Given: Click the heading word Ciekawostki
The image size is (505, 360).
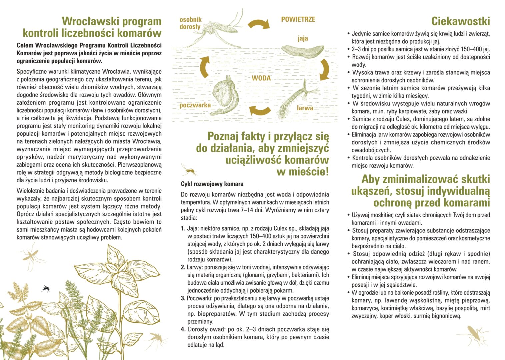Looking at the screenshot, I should (460, 21).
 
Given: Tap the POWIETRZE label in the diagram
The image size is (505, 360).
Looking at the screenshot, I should (298, 19).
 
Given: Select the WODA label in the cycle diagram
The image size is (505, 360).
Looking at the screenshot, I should (261, 78).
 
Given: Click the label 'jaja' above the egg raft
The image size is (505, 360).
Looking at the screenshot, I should (303, 38).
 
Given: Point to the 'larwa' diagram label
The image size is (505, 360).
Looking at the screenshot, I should (305, 108).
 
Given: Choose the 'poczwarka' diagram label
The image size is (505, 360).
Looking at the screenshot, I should (195, 105).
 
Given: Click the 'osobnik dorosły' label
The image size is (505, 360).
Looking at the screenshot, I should (190, 23).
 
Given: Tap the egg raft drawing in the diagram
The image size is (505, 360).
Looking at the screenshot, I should (303, 51).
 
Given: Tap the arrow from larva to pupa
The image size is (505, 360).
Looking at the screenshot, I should (260, 111).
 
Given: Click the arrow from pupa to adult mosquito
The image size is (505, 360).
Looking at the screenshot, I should (204, 66).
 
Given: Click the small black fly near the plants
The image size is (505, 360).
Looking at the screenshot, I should (45, 288).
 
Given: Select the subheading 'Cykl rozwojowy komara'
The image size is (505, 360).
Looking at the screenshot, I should (212, 184).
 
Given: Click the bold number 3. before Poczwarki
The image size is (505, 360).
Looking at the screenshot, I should (183, 298).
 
